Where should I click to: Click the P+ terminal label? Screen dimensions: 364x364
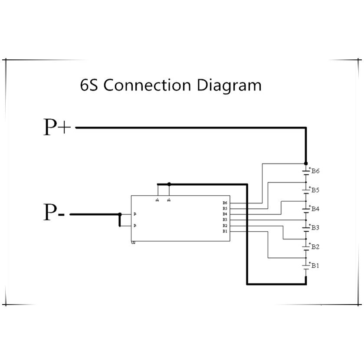(x=57, y=127)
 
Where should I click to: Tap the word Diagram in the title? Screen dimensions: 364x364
(x=230, y=85)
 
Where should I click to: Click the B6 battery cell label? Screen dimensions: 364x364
(x=315, y=171)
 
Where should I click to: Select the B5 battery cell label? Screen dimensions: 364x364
(x=315, y=190)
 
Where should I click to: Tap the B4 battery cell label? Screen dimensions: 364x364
(x=315, y=209)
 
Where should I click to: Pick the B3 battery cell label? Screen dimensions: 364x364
(x=315, y=228)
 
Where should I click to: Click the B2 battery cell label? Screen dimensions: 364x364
(x=315, y=247)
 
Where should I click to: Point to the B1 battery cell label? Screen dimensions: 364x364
(x=315, y=266)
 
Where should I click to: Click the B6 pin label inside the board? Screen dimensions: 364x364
(x=225, y=203)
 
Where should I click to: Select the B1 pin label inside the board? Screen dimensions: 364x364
(x=225, y=231)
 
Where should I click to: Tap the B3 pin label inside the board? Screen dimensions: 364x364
(x=225, y=220)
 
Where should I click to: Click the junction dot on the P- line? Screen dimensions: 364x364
(x=120, y=214)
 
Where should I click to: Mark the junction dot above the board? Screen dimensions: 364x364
(x=169, y=184)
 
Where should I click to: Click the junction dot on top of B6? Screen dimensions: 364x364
(x=306, y=163)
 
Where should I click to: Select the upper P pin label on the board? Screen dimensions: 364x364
(x=135, y=214)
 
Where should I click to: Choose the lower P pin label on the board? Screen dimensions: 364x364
(x=135, y=226)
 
